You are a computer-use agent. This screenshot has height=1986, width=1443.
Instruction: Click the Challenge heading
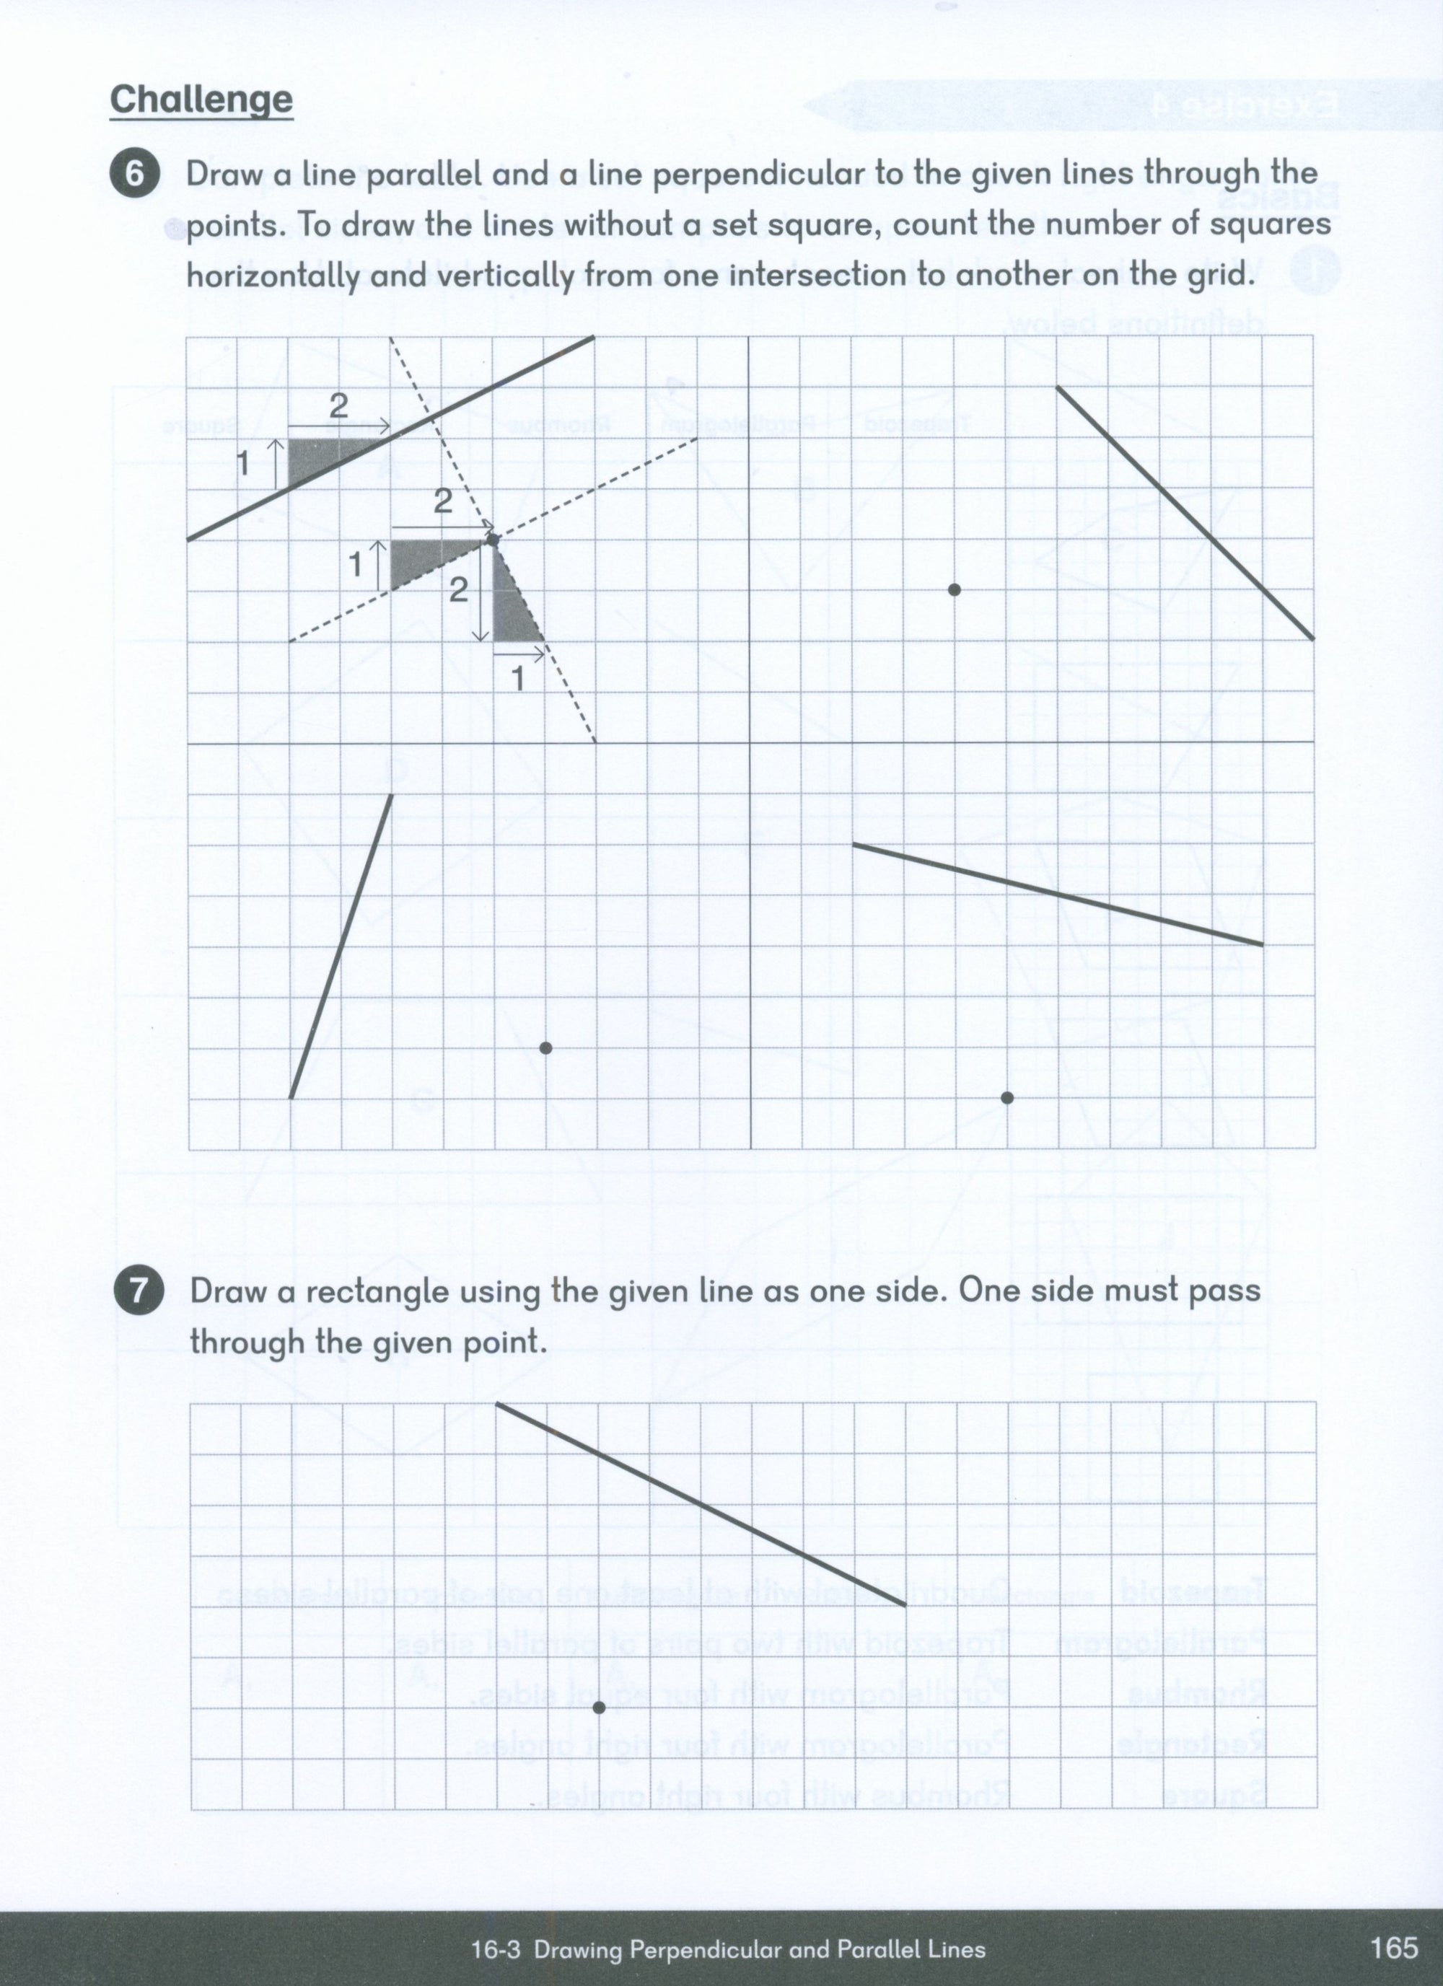tap(201, 99)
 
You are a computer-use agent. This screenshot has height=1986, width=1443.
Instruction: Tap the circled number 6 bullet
tap(134, 173)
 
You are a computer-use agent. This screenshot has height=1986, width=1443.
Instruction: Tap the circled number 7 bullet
tap(139, 1291)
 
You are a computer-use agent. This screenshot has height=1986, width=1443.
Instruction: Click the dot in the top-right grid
tap(955, 589)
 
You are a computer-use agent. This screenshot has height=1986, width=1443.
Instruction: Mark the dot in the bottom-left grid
tap(545, 1047)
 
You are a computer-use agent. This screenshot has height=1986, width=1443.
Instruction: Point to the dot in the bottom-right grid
tap(1007, 1097)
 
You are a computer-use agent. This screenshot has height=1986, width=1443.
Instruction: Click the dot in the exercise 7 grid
tap(599, 1708)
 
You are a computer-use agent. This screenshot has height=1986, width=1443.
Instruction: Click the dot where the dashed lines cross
tap(493, 540)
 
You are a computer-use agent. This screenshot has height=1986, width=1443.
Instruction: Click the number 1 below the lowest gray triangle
tap(517, 679)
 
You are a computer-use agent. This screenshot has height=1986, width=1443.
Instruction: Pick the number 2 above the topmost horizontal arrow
tap(339, 405)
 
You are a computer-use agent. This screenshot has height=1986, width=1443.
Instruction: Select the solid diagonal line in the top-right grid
tap(1185, 512)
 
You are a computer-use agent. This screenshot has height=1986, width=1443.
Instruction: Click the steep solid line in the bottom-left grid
tap(341, 946)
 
